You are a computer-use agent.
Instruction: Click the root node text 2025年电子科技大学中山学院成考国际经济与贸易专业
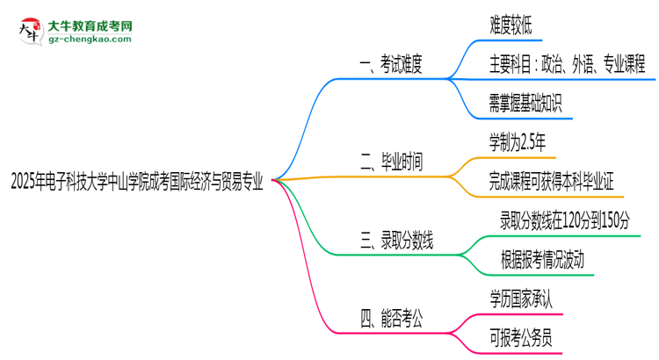click(136, 182)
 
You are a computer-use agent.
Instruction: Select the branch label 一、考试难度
click(392, 64)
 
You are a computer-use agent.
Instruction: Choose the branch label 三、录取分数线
click(398, 240)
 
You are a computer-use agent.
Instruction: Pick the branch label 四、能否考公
click(392, 320)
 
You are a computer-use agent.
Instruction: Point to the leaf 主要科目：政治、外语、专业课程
click(568, 65)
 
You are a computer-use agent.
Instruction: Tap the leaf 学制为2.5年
click(523, 141)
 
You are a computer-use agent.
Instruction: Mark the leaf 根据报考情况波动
click(543, 259)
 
